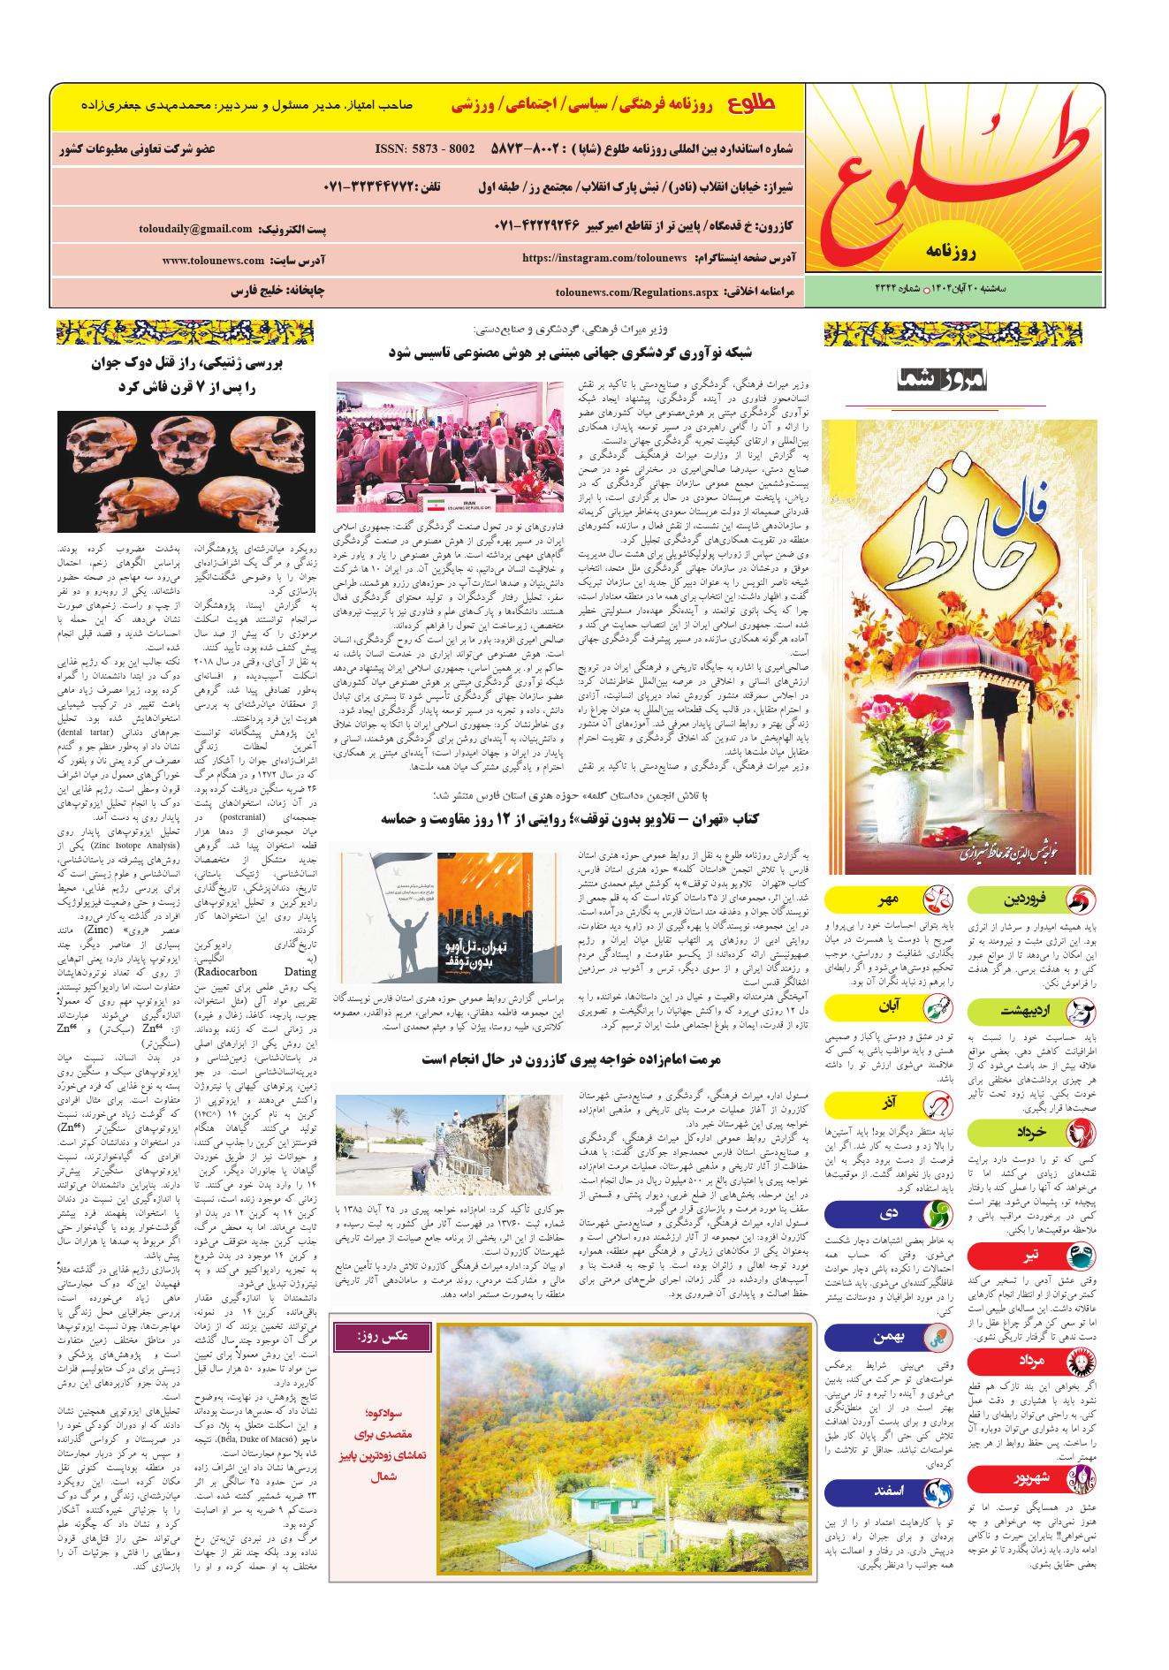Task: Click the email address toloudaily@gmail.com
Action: click(x=195, y=228)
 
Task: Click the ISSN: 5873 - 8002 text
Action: click(x=425, y=149)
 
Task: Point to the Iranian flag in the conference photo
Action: click(x=440, y=501)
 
